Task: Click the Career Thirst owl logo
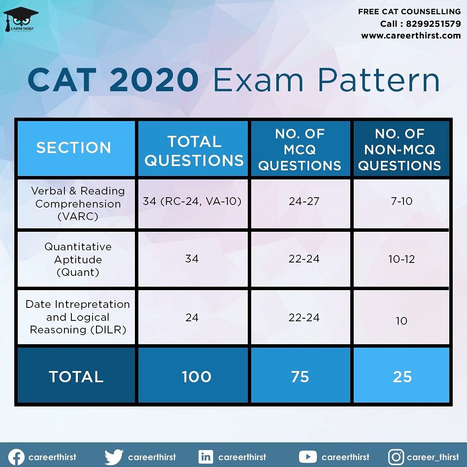20,20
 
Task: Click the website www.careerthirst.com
411,36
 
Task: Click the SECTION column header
74,148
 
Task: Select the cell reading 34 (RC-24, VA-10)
192,202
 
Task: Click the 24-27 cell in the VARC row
304,202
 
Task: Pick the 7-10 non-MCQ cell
401,202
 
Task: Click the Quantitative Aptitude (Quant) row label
78,259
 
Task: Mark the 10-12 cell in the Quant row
401,259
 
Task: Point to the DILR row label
78,317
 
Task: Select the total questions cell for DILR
192,318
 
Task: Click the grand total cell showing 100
196,377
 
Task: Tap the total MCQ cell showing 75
300,377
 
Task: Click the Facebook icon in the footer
16,457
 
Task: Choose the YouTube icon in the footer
308,457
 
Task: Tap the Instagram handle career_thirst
433,457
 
